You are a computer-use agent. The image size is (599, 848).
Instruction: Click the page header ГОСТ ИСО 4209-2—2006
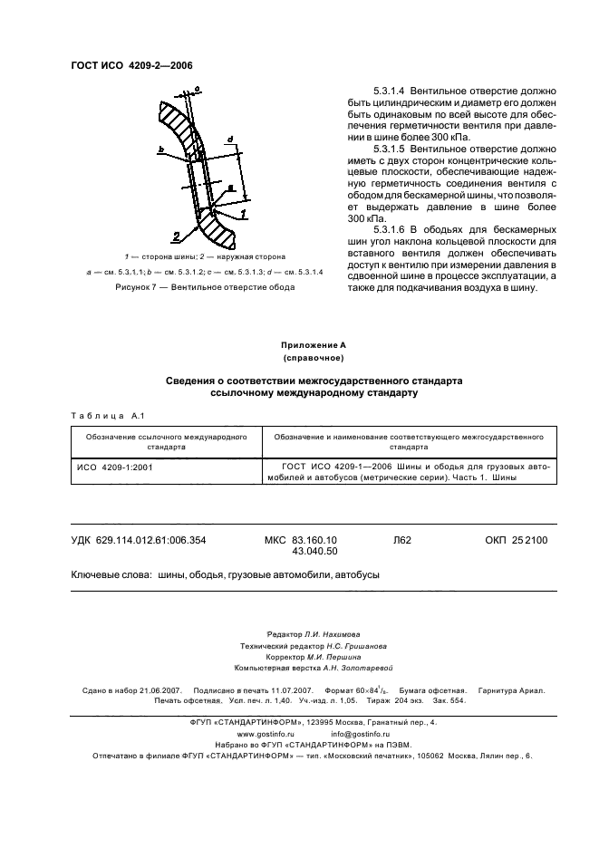click(x=131, y=65)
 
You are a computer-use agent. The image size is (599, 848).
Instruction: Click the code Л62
click(x=402, y=540)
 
